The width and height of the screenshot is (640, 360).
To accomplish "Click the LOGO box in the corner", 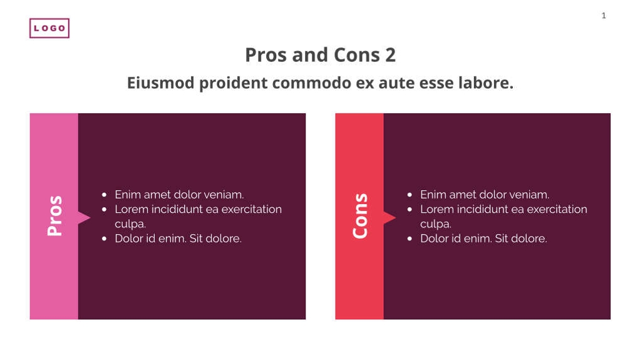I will tap(49, 28).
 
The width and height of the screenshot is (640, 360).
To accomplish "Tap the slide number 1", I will tap(604, 16).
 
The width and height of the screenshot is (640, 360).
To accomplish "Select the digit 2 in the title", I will tap(390, 55).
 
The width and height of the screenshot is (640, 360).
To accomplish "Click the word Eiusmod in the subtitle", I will tap(160, 83).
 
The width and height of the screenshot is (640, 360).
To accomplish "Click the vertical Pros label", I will tap(54, 216).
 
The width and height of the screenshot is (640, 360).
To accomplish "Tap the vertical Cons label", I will tap(359, 216).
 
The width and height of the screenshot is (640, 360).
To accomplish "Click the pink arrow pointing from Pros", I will tap(84, 218).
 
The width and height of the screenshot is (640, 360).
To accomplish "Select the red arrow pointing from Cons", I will tap(390, 218).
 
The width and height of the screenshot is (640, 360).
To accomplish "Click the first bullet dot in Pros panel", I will tap(104, 195).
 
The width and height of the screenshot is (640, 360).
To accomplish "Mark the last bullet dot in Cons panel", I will tap(410, 239).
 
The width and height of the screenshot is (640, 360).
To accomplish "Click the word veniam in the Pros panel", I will tap(223, 195).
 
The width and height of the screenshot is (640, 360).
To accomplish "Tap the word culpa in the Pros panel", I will tap(130, 224).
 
